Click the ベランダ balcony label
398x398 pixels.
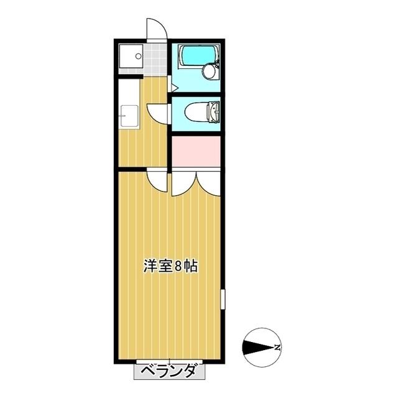(x=169, y=371)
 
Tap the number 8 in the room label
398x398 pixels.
(x=178, y=266)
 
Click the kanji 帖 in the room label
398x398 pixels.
(x=190, y=266)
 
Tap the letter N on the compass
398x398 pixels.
(x=278, y=347)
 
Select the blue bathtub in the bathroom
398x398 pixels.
(x=197, y=55)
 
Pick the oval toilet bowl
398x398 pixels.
(x=197, y=112)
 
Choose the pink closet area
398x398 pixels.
(x=196, y=152)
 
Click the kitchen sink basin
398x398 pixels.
(x=129, y=116)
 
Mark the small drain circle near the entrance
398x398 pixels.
(x=138, y=56)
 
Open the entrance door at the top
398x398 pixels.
(x=157, y=29)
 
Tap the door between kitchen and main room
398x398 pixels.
(x=157, y=181)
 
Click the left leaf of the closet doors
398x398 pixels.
(x=183, y=183)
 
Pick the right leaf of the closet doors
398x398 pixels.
(x=208, y=183)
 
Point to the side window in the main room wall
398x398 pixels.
(x=223, y=299)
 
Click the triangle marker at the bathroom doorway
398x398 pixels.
(x=175, y=88)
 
